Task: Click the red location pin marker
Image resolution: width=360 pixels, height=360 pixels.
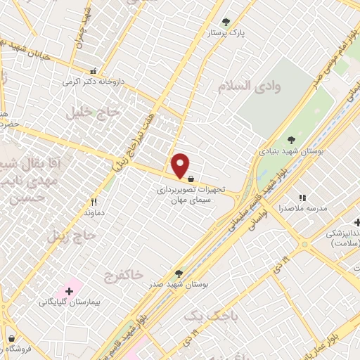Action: (181, 165)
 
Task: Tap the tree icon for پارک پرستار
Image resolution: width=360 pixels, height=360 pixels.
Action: (226, 22)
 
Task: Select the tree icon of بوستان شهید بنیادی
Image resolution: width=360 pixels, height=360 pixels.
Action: (292, 140)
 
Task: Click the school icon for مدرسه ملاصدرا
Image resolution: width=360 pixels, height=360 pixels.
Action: (304, 198)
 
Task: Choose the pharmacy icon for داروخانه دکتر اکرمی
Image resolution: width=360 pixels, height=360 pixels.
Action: (94, 71)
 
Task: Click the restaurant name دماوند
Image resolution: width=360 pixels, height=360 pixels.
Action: (94, 212)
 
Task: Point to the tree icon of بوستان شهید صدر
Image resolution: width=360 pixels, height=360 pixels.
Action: (178, 274)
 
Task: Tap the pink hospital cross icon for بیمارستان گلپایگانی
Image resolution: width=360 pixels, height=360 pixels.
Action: (70, 290)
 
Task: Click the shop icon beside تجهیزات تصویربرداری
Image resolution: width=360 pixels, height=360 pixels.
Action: (191, 178)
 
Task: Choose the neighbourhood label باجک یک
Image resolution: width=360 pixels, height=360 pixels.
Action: (202, 318)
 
